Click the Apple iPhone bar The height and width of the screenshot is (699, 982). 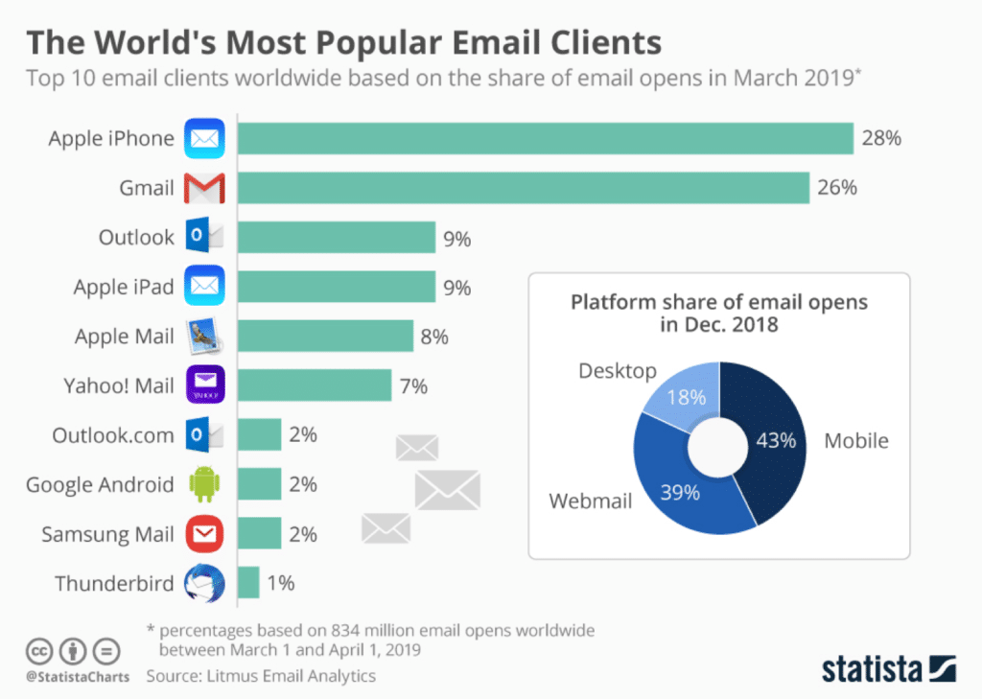pos(545,139)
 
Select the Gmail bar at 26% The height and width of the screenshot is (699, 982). pos(523,188)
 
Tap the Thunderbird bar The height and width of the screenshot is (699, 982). pos(248,583)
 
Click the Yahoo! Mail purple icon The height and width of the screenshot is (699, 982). pos(204,385)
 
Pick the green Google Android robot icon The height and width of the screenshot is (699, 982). pos(204,484)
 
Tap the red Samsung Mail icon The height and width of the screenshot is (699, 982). pos(204,534)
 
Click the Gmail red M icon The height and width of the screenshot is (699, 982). pos(204,188)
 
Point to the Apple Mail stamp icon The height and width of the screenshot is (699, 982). pos(204,336)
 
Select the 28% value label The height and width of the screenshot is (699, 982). pos(881,139)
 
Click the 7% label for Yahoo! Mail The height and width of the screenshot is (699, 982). pos(413,386)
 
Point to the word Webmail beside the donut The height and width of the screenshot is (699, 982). pos(590,501)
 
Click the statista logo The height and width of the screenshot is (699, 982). pos(888,667)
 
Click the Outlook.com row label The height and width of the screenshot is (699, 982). pos(113,435)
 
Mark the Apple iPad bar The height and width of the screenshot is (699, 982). pos(337,287)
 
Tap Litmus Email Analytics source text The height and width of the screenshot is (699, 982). pos(294,676)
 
